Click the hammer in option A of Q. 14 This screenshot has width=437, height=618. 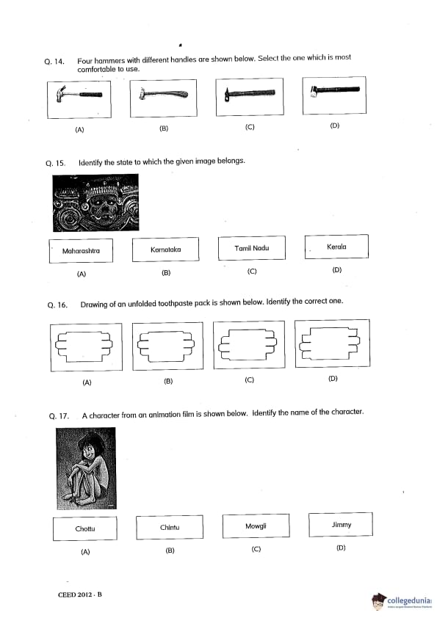pyautogui.click(x=79, y=94)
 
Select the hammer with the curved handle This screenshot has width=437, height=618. pyautogui.click(x=163, y=94)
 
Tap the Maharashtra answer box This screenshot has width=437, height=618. pyautogui.click(x=81, y=251)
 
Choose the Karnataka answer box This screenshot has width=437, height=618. pyautogui.click(x=166, y=250)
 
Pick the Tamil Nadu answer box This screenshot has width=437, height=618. pyautogui.click(x=252, y=248)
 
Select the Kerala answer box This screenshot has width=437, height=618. pyautogui.click(x=336, y=247)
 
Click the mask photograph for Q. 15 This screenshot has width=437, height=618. pyautogui.click(x=95, y=203)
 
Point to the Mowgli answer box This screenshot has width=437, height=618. pyautogui.click(x=256, y=526)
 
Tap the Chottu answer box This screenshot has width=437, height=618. pyautogui.click(x=84, y=528)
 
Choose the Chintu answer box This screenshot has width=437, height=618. pyautogui.click(x=170, y=527)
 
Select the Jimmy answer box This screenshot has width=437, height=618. pyautogui.click(x=341, y=525)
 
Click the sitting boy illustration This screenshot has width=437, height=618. pyautogui.click(x=86, y=468)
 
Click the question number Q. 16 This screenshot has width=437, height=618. pyautogui.click(x=57, y=305)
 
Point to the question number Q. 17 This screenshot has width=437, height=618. pyautogui.click(x=59, y=416)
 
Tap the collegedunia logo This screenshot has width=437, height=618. pyautogui.click(x=402, y=601)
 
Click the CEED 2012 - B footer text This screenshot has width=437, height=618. pyautogui.click(x=79, y=595)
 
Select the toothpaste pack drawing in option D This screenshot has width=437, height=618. pyautogui.click(x=330, y=343)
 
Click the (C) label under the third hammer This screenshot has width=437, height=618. pyautogui.click(x=250, y=127)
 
